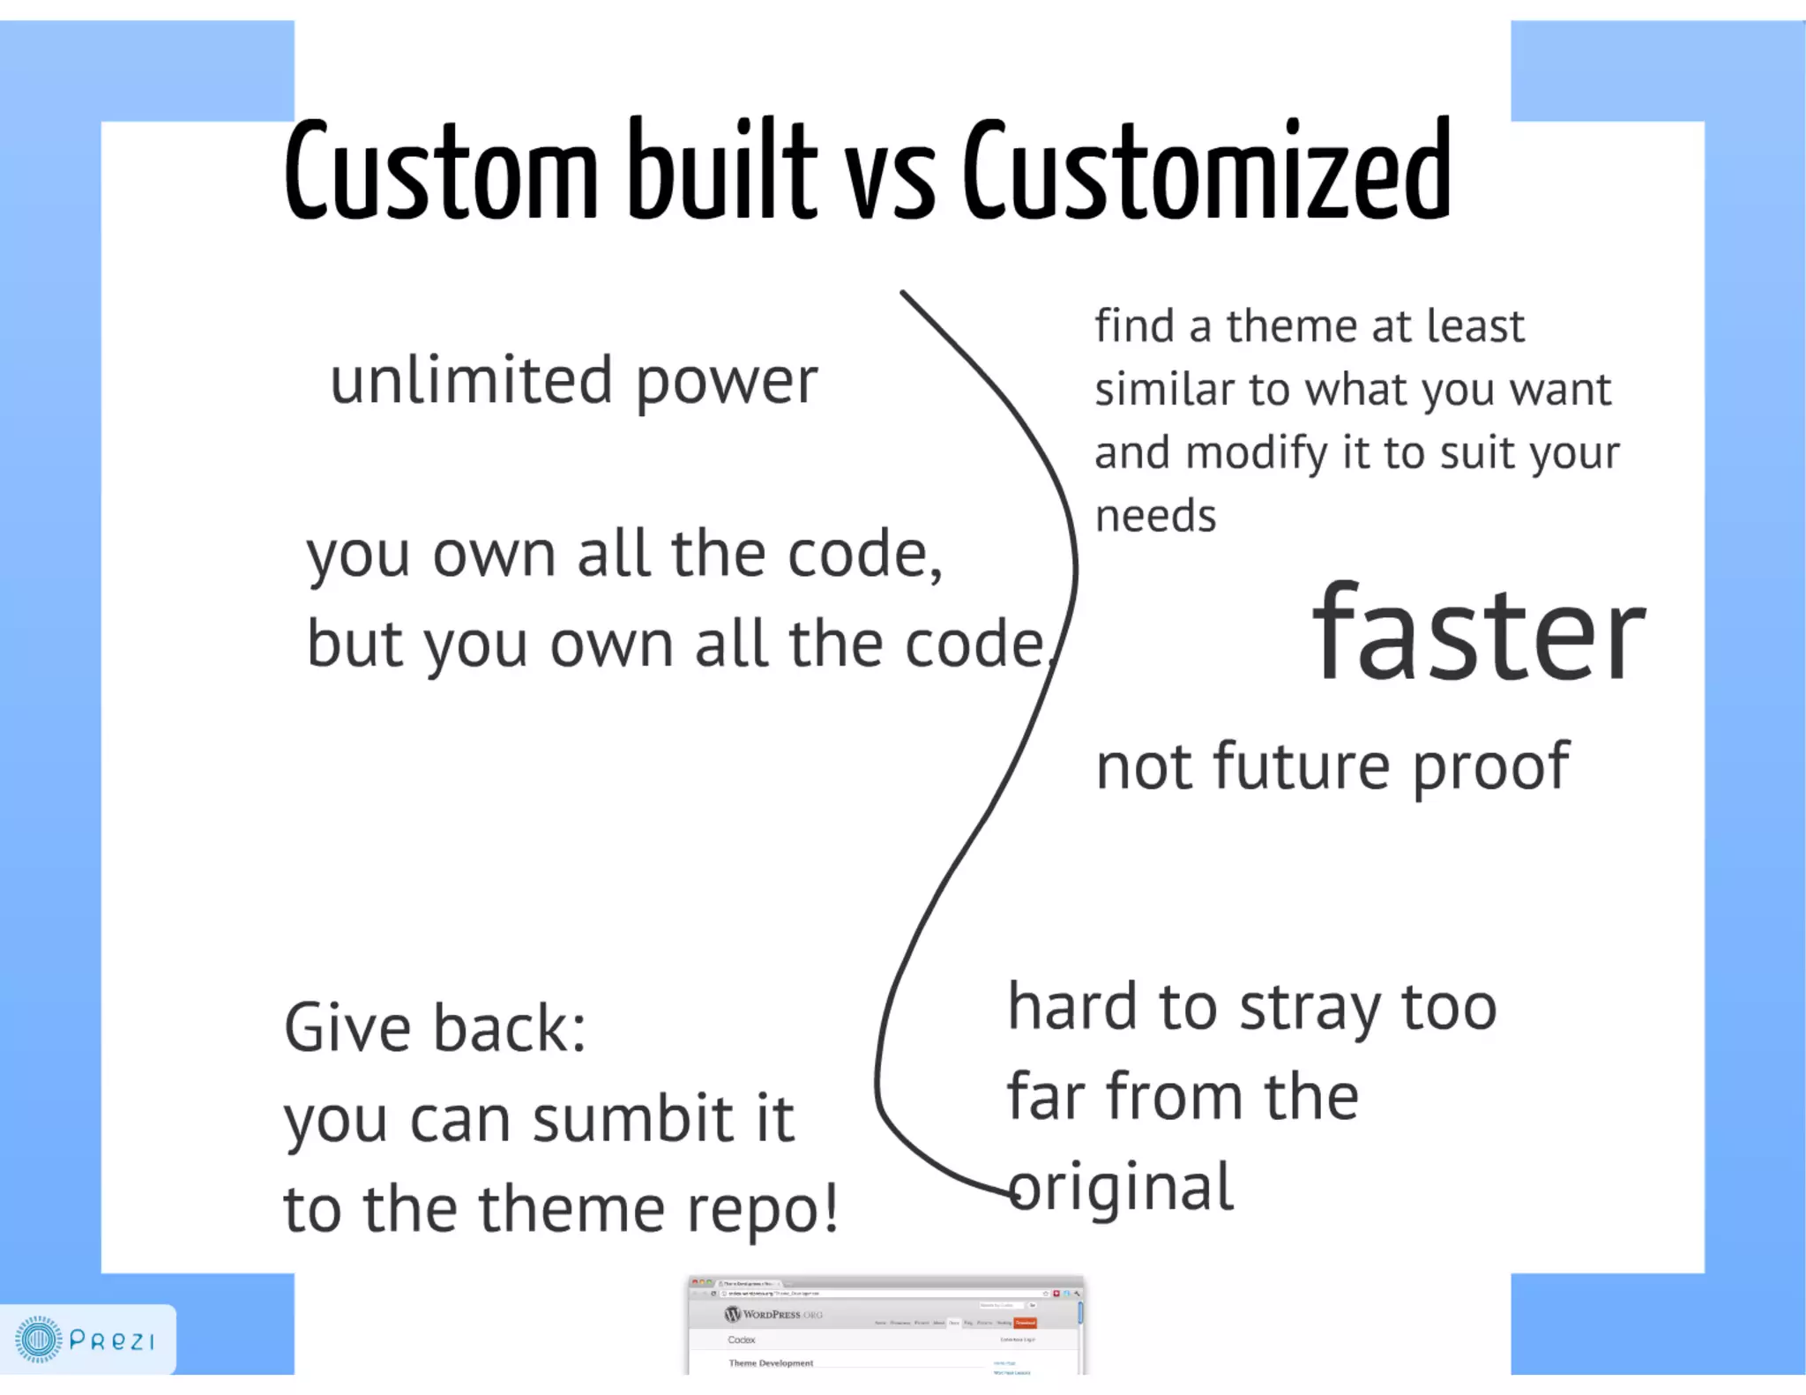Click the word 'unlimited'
click(x=471, y=381)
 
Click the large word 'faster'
click(x=1479, y=633)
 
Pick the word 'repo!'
click(x=763, y=1212)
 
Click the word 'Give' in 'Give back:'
click(x=347, y=1028)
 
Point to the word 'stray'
click(x=1310, y=1010)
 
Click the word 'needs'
click(x=1155, y=516)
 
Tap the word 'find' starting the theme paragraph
click(x=1134, y=326)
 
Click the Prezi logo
click(x=86, y=1339)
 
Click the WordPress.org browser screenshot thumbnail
click(x=885, y=1324)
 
